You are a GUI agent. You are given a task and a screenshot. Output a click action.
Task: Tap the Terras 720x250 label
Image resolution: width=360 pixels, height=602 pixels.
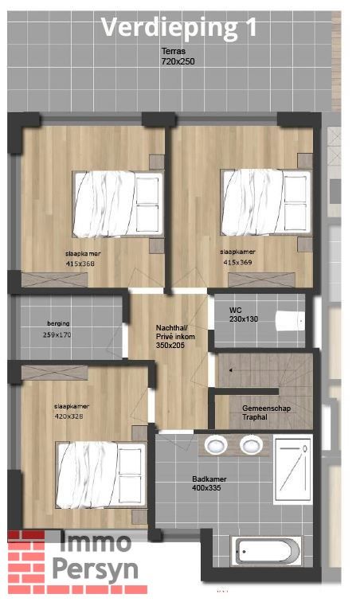[x=178, y=55]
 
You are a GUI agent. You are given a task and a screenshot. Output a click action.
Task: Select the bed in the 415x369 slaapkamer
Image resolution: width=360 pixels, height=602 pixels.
[x=264, y=202]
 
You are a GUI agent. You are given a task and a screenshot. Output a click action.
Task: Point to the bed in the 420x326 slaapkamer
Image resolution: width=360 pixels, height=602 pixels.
[x=100, y=473]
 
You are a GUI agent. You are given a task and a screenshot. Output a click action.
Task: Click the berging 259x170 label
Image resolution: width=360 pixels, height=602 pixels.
[x=57, y=330]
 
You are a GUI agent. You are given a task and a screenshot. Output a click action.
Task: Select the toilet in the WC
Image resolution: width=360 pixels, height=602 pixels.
[x=290, y=320]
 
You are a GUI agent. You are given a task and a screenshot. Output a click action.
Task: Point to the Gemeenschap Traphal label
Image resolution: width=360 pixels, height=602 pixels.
[x=265, y=412]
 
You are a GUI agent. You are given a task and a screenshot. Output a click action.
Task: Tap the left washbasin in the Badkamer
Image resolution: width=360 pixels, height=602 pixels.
[x=216, y=445]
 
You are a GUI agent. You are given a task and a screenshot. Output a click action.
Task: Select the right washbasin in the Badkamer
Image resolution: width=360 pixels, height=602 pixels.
[x=252, y=445]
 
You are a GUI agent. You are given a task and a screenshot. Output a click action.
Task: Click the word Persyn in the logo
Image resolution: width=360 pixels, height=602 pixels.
[x=94, y=569]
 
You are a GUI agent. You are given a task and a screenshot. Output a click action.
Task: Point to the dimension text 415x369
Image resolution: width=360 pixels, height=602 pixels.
[x=237, y=262]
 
